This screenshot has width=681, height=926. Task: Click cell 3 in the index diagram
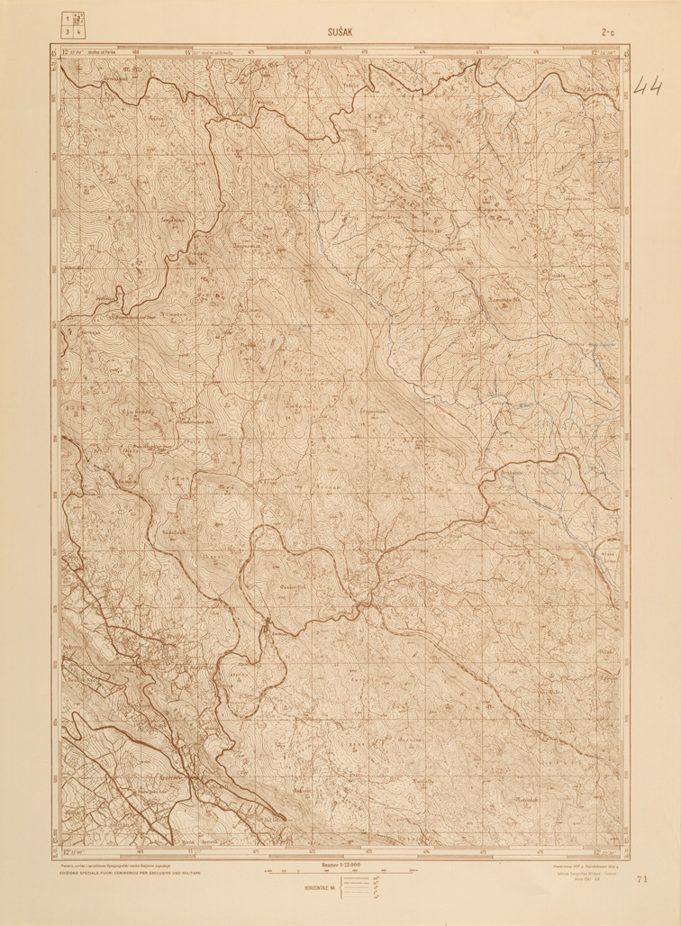pos(68,32)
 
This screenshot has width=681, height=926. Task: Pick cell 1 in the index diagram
pos(68,18)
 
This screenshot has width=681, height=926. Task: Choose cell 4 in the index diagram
pos(79,32)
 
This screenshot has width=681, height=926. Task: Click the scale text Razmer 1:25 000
pos(340,865)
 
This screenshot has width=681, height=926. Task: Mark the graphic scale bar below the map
pos(340,872)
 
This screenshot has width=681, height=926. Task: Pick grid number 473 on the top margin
pos(366,52)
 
